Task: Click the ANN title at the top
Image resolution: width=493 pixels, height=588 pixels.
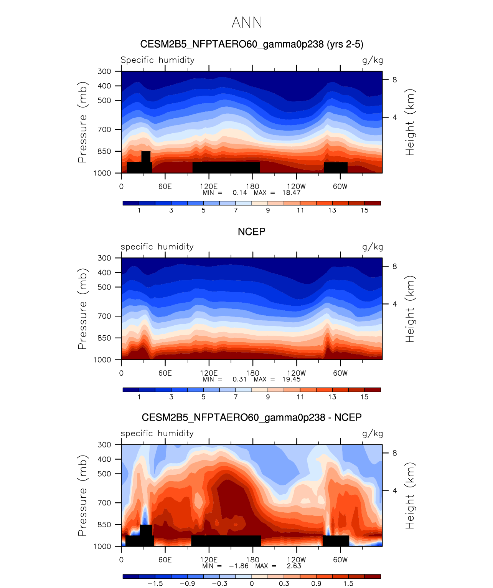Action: coord(247,23)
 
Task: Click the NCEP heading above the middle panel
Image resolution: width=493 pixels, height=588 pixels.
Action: coord(251,232)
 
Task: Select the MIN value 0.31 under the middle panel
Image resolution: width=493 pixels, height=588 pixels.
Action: coord(239,379)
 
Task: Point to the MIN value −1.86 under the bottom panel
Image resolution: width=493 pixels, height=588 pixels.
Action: coord(239,566)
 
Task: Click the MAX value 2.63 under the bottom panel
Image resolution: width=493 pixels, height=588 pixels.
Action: coord(294,566)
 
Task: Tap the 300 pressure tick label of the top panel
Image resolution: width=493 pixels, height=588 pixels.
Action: coord(104,71)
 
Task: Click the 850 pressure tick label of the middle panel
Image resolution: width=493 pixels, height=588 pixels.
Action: coord(104,338)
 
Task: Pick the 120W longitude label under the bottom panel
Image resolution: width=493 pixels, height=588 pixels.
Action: coord(296,560)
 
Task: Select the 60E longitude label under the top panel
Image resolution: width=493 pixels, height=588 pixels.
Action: coord(165,187)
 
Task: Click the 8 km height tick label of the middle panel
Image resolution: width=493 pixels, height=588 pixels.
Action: coord(394,267)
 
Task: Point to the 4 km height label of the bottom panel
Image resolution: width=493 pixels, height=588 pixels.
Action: coord(394,491)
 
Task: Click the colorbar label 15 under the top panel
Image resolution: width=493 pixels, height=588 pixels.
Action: coord(364,210)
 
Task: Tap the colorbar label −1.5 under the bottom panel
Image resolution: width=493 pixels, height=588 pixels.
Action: coord(155,583)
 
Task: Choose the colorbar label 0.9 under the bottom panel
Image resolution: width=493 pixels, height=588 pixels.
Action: coord(316,583)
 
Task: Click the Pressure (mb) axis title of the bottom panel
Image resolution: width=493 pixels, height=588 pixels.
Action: coord(82,495)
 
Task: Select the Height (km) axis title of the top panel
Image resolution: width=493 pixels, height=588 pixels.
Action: coord(410,122)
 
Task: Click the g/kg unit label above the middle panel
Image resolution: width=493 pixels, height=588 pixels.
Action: coord(373,247)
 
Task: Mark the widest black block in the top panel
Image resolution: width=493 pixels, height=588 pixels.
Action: coord(226,167)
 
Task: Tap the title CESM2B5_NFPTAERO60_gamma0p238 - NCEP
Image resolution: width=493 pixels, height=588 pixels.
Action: coord(251,417)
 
